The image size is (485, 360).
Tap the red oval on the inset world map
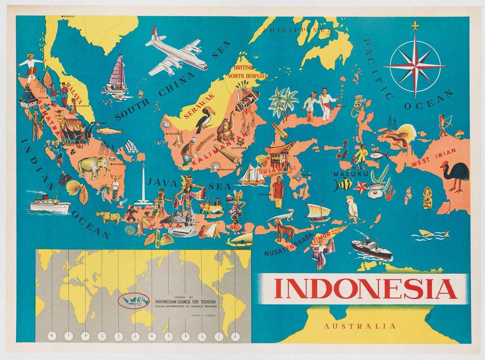click(x=135, y=300)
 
